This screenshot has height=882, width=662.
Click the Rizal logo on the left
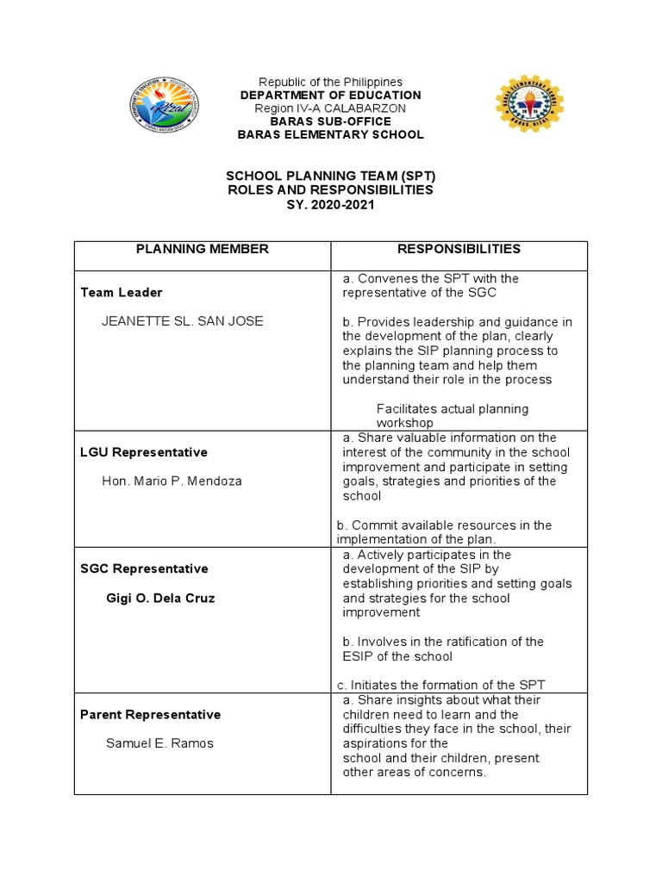(163, 107)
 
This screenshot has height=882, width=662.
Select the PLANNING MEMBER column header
(203, 249)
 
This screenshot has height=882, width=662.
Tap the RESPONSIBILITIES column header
(459, 249)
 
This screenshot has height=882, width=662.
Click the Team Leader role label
(122, 293)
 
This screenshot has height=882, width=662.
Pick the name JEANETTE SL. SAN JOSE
(183, 321)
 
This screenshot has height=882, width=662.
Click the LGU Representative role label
(144, 452)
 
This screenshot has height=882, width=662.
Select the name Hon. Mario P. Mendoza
(172, 481)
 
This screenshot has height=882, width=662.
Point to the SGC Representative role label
(144, 568)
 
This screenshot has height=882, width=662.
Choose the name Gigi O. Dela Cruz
(160, 598)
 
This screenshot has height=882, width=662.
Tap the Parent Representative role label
(150, 714)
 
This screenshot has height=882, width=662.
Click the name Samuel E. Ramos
(159, 743)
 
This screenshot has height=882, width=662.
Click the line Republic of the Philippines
(331, 82)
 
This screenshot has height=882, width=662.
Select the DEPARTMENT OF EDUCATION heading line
(331, 95)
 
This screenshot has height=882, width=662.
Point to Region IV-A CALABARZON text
(331, 109)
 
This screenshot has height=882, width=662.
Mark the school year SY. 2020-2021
(331, 203)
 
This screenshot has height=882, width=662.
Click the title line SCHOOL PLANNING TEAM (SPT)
(331, 176)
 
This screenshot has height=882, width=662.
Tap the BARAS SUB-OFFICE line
(331, 121)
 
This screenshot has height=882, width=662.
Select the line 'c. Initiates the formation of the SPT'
(440, 685)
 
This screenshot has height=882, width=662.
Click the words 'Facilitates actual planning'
(453, 408)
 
